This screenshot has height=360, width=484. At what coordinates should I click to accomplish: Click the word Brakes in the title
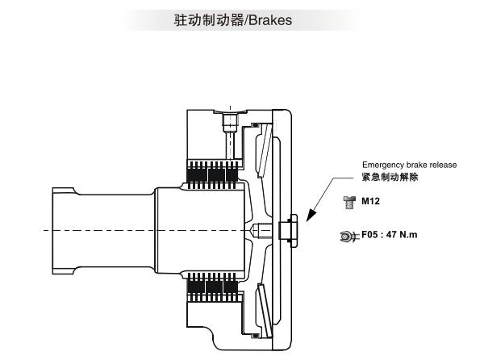tap(270, 20)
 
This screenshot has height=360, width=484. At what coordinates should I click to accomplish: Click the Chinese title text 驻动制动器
tap(209, 20)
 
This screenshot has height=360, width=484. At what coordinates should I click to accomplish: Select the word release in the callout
tap(443, 165)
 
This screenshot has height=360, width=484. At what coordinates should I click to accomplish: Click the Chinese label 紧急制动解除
tap(390, 177)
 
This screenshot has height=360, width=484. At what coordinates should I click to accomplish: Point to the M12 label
tap(370, 201)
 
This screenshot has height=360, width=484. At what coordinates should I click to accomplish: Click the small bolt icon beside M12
tap(349, 203)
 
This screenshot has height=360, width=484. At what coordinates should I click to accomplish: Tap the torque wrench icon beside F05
tap(348, 237)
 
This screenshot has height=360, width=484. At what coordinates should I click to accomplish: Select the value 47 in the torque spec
tap(391, 235)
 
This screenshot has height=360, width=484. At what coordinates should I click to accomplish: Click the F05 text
tap(369, 235)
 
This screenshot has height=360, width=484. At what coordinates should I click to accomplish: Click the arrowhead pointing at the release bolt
tap(311, 215)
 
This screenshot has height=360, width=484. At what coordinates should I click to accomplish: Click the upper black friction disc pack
tap(213, 174)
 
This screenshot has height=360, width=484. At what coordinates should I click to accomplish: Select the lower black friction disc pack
tap(213, 287)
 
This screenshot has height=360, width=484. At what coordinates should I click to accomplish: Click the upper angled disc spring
tap(265, 150)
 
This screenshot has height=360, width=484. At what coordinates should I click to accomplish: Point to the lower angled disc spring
tap(265, 311)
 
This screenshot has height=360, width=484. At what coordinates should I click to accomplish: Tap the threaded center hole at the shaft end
tap(261, 230)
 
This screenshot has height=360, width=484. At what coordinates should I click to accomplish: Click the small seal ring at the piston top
tap(255, 125)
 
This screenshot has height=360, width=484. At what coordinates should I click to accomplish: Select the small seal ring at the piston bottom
tap(255, 336)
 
